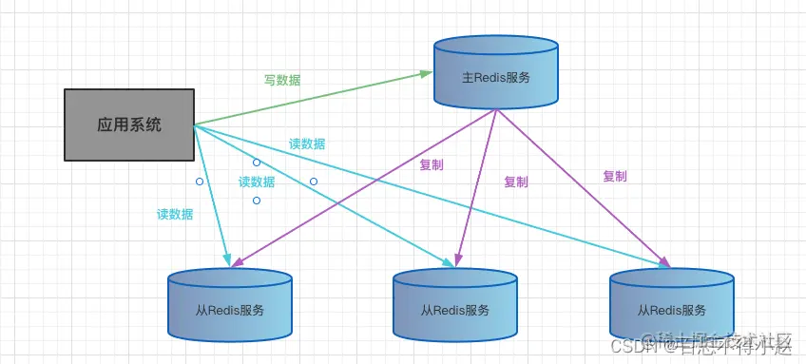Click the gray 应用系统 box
pos(128,125)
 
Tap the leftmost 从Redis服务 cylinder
pos(229,304)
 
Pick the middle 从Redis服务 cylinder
pos(455,304)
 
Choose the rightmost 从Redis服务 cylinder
pos(671,304)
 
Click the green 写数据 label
pos(282,81)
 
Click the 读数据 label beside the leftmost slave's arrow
pos(175,214)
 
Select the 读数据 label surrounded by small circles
pos(257,182)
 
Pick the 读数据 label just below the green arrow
pos(307,144)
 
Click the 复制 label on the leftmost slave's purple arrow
pos(431,163)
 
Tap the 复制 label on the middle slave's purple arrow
pos(516,182)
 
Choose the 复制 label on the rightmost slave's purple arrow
pos(615,176)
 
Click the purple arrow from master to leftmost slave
pos(361,185)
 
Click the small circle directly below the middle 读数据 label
pos(257,201)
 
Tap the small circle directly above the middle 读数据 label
pos(257,163)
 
